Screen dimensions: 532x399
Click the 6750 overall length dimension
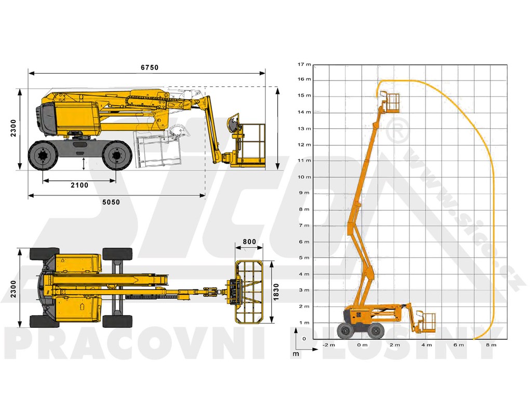[x=150, y=68]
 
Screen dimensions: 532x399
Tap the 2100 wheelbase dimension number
[x=79, y=185]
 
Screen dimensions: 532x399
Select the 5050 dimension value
[x=111, y=202]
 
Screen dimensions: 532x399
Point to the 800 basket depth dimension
[x=249, y=242]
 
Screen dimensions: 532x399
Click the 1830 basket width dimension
[x=276, y=292]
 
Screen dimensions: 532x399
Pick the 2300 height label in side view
[x=13, y=128]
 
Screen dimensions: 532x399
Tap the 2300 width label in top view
[x=13, y=289]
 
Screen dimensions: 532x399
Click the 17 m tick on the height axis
[x=304, y=64]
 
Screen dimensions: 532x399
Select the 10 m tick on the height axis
[x=304, y=177]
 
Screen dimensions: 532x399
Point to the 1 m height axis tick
[x=304, y=323]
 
